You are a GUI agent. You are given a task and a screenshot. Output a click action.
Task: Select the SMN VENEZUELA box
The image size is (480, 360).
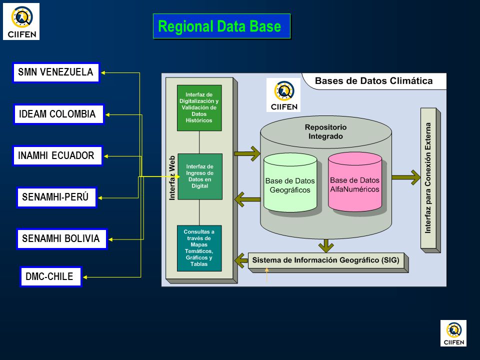click(x=56, y=72)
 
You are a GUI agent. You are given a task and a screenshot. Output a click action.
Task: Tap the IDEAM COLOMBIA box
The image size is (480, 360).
click(x=59, y=114)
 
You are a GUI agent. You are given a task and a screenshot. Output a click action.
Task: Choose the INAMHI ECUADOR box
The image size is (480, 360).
click(x=57, y=155)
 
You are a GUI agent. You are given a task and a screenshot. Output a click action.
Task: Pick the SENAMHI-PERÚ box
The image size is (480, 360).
click(x=56, y=197)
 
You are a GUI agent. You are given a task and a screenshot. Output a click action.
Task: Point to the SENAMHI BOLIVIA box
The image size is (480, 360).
click(x=61, y=239)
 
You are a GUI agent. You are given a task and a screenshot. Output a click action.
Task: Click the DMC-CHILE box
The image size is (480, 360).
click(x=51, y=276)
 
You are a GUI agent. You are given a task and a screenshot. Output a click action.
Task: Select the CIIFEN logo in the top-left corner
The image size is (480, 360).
click(x=21, y=21)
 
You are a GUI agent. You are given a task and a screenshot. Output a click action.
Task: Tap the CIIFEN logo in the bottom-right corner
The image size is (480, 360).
click(x=453, y=333)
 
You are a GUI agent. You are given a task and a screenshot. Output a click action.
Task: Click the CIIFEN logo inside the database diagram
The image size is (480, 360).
click(x=283, y=95)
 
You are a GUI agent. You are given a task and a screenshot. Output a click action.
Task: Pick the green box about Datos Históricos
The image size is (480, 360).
click(x=199, y=108)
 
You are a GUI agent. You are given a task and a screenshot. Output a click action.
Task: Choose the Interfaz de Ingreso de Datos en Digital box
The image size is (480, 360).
click(x=200, y=176)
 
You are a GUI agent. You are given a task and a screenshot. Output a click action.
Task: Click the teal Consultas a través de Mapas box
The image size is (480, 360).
click(x=199, y=248)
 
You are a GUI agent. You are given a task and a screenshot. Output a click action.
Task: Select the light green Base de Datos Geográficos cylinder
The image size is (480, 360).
click(x=290, y=183)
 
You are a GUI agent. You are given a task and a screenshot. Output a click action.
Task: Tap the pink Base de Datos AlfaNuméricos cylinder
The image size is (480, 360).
click(x=355, y=182)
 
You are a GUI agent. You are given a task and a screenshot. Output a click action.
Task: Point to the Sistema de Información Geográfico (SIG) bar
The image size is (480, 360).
click(x=326, y=260)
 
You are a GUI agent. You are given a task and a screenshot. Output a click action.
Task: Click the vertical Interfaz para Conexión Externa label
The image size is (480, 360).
click(x=428, y=178)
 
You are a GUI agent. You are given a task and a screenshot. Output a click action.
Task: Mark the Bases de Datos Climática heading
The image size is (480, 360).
click(x=374, y=81)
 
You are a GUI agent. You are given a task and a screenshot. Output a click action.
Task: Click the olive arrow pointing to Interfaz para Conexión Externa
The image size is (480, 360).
click(x=406, y=177)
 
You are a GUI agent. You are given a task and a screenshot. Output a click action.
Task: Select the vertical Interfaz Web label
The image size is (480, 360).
click(x=172, y=178)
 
